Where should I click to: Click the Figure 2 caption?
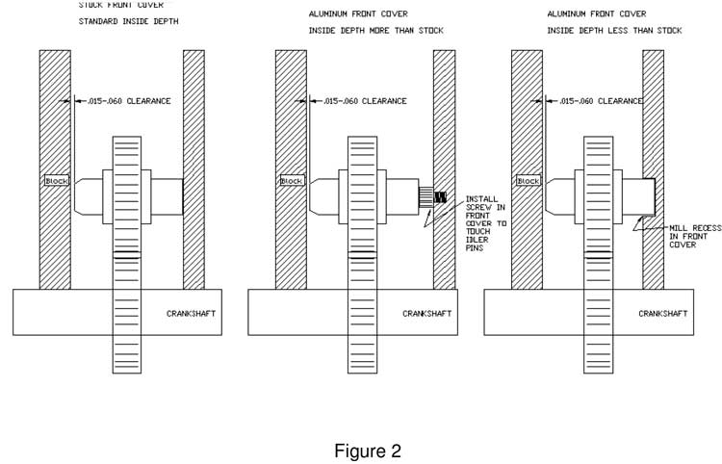(367, 451)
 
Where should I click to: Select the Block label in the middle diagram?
(292, 181)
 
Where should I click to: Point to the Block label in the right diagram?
(528, 181)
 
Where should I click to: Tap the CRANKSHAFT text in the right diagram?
(662, 314)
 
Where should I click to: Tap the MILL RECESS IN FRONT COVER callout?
(695, 236)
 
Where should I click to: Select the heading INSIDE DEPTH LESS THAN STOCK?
(614, 31)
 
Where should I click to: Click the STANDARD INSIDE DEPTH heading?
(128, 21)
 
